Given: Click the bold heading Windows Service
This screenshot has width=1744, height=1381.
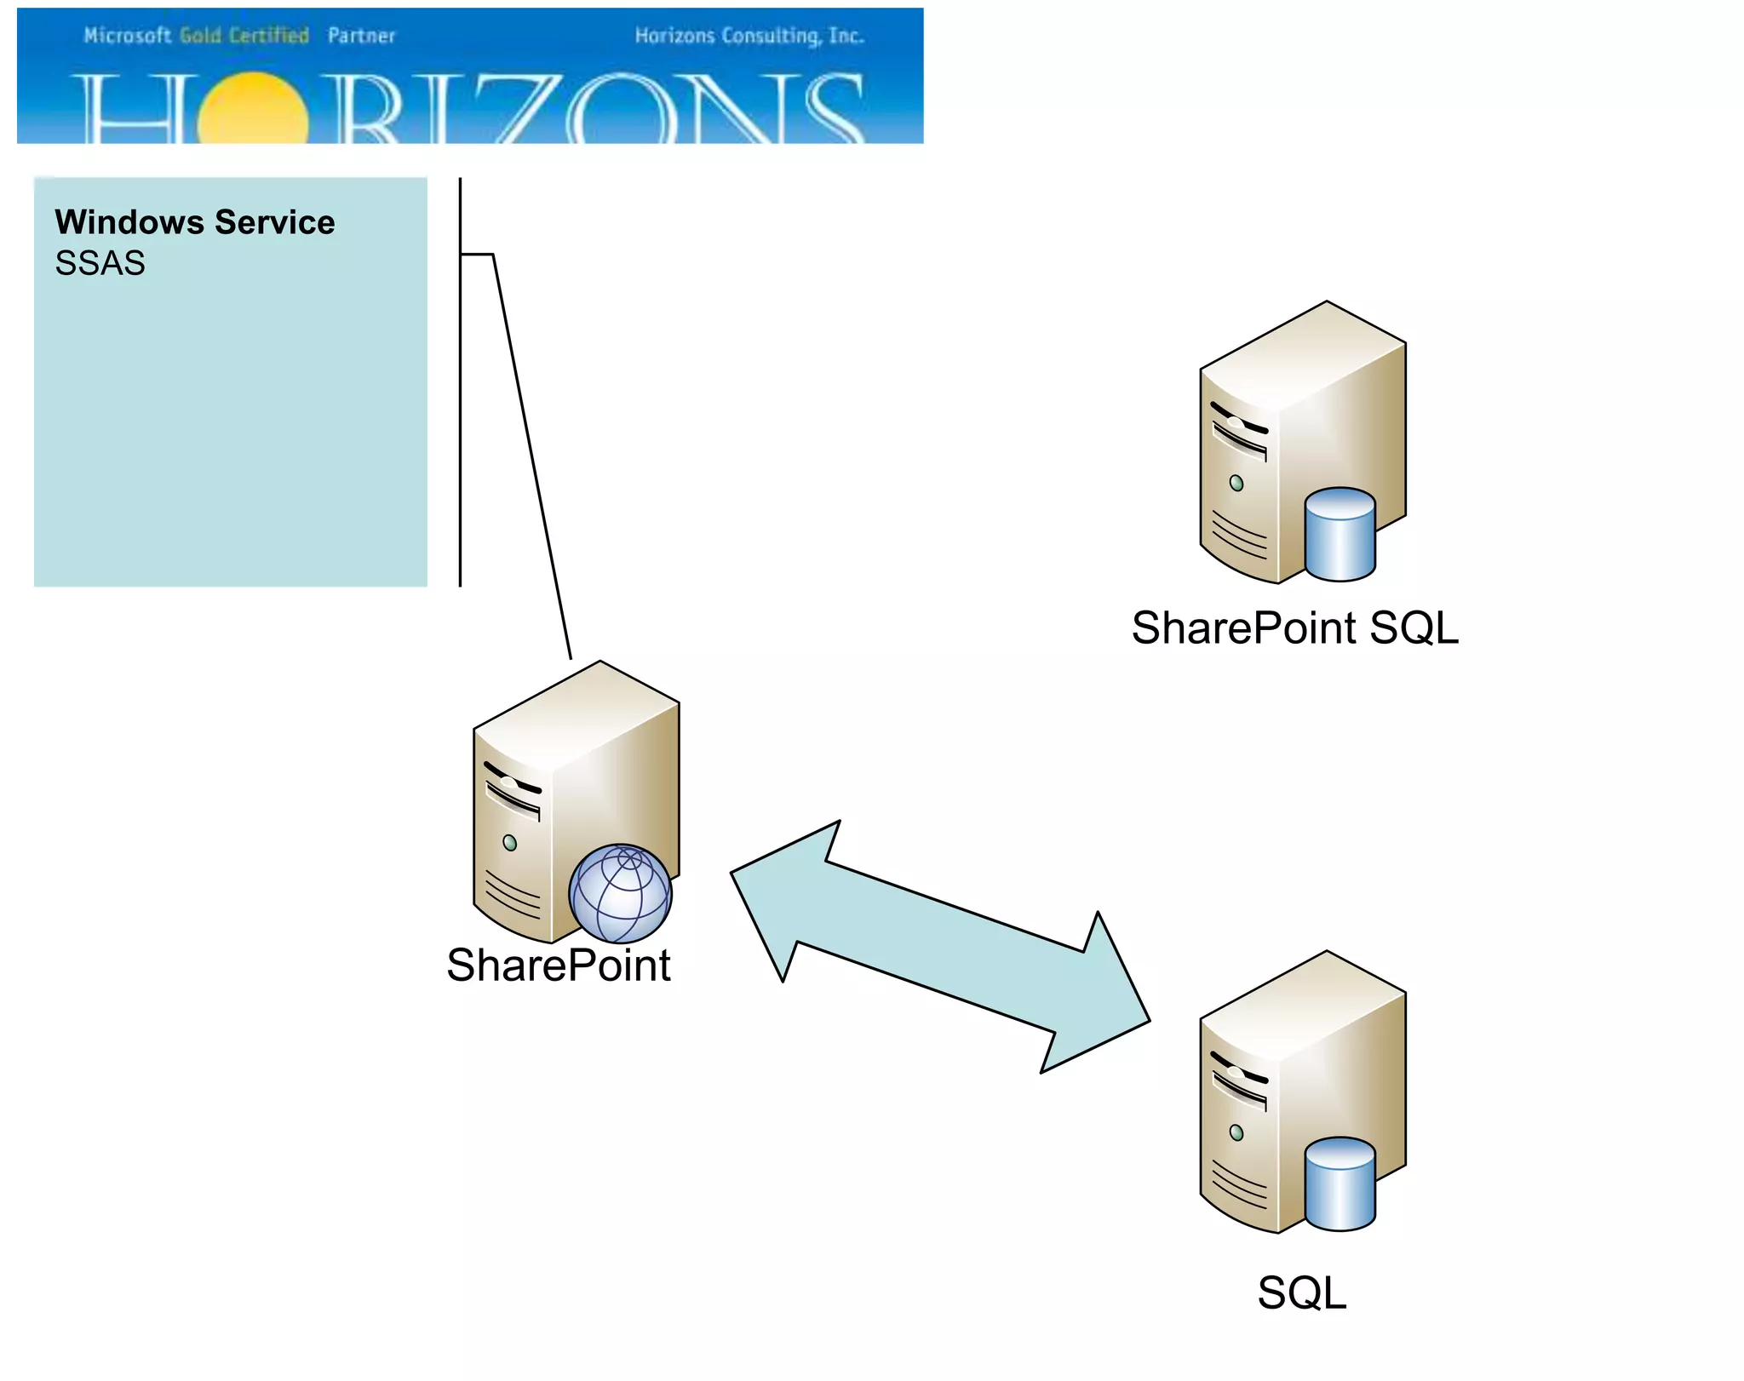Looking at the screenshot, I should [x=194, y=222].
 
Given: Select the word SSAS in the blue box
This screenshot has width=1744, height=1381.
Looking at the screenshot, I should [x=100, y=263].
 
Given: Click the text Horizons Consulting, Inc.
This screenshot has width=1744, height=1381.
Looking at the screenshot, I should [x=749, y=36].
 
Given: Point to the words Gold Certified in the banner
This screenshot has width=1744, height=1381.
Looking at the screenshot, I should [x=244, y=36].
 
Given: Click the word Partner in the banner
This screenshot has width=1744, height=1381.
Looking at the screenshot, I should [x=361, y=36].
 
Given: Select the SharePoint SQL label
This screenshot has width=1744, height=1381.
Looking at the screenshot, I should [x=1294, y=628].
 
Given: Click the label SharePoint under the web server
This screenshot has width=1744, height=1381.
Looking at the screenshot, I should [x=559, y=966].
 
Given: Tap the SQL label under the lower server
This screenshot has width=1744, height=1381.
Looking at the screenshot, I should [x=1301, y=1292].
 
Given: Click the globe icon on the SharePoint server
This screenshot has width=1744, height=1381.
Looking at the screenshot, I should [x=621, y=894].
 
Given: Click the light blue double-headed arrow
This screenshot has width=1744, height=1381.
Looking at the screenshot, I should [x=940, y=946].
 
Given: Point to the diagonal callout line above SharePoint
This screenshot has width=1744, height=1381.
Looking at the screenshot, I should [x=531, y=456].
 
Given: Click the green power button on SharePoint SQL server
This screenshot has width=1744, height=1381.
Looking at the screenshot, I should [x=1236, y=484].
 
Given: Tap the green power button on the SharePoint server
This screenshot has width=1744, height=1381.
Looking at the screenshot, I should [x=510, y=843].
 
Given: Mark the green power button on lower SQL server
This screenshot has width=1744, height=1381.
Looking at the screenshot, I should [x=1236, y=1133].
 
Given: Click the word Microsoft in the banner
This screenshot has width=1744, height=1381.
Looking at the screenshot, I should [x=127, y=36].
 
